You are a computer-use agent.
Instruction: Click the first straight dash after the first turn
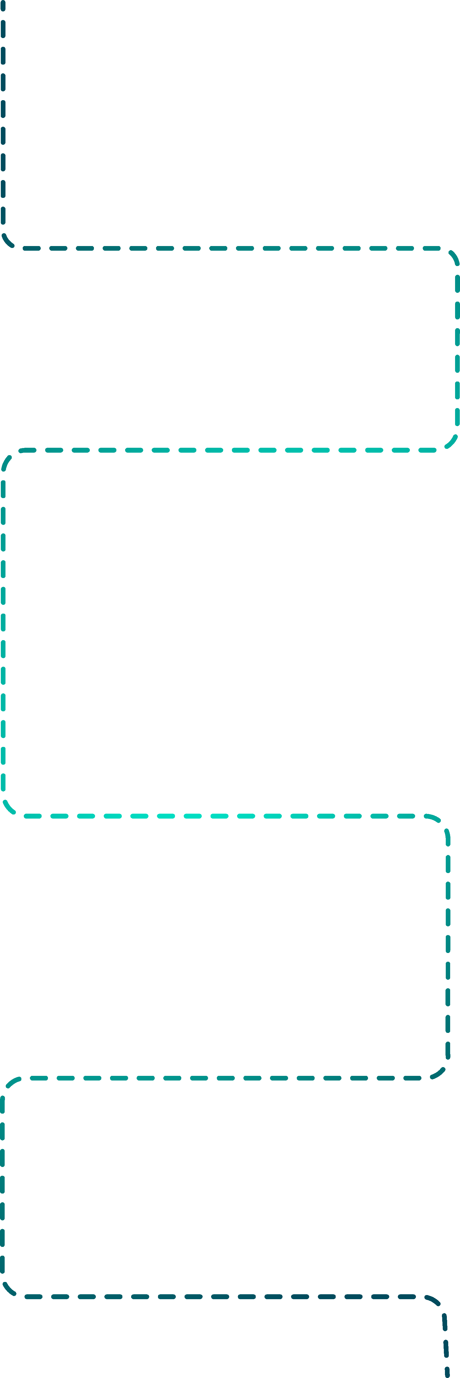32,248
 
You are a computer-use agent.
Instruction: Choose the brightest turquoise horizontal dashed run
225,816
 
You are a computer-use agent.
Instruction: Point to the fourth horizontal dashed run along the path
225,1078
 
